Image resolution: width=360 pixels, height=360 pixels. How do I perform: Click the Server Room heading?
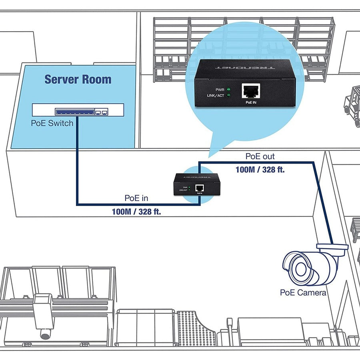click(78, 79)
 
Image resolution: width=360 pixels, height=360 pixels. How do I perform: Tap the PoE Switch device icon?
click(78, 110)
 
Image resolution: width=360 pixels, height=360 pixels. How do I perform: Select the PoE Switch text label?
click(52, 123)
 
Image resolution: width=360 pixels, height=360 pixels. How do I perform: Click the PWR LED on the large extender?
click(228, 89)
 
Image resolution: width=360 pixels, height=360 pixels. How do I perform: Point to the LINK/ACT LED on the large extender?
click(228, 96)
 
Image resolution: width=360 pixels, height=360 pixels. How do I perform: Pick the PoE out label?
click(260, 156)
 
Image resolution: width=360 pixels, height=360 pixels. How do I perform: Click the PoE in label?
click(137, 198)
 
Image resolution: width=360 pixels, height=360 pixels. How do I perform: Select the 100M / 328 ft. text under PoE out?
click(260, 169)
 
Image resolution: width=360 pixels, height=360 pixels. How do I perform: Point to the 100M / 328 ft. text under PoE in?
click(136, 212)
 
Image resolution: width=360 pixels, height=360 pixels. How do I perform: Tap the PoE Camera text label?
click(303, 292)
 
